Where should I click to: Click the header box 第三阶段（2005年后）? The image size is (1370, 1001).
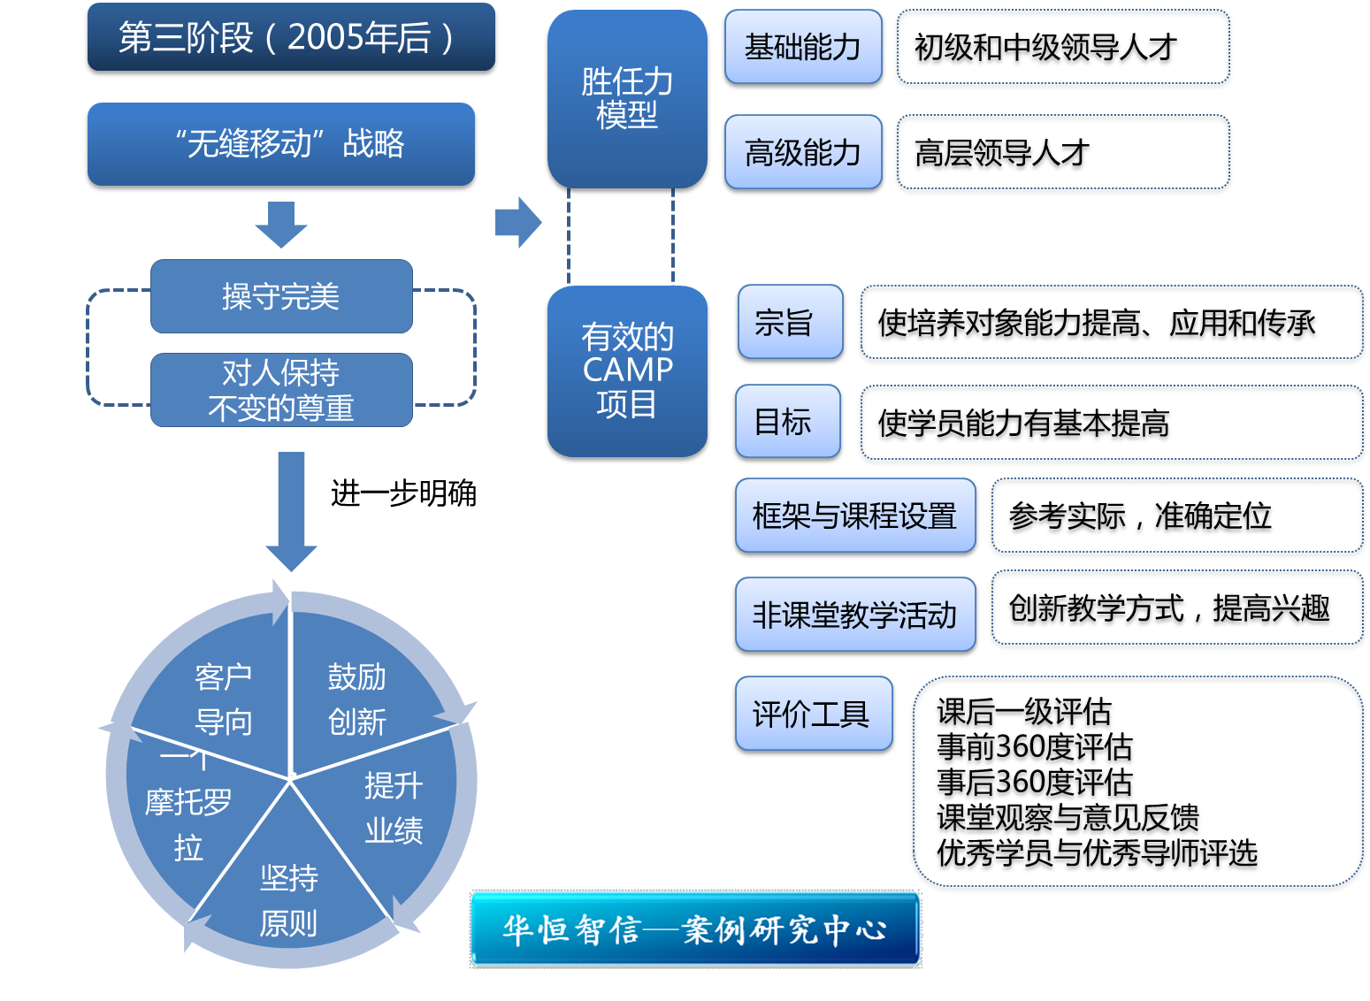pyautogui.click(x=291, y=37)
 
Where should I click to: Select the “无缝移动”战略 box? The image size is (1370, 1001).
pyautogui.click(x=281, y=144)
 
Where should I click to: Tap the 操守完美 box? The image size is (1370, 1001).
pyautogui.click(x=281, y=296)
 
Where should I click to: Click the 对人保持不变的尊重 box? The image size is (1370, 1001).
pyautogui.click(x=281, y=390)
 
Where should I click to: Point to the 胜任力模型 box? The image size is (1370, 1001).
pyautogui.click(x=627, y=98)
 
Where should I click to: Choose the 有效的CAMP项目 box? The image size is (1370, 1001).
pyautogui.click(x=627, y=371)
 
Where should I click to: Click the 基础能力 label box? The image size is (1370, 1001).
pyautogui.click(x=803, y=47)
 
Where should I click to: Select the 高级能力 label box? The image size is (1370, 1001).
pyautogui.click(x=803, y=152)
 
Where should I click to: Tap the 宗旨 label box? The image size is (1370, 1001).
pyautogui.click(x=790, y=322)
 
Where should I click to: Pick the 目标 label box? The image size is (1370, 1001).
pyautogui.click(x=787, y=421)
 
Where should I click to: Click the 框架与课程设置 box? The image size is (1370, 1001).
pyautogui.click(x=855, y=516)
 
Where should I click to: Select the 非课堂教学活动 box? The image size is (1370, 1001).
pyautogui.click(x=855, y=615)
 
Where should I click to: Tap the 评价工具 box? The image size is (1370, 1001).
pyautogui.click(x=814, y=714)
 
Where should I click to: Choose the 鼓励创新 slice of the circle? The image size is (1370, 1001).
pyautogui.click(x=357, y=699)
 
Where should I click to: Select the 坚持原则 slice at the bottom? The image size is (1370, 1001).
pyautogui.click(x=289, y=900)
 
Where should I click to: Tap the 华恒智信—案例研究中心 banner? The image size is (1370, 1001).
pyautogui.click(x=695, y=929)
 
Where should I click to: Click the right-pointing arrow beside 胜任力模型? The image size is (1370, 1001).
pyautogui.click(x=518, y=222)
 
